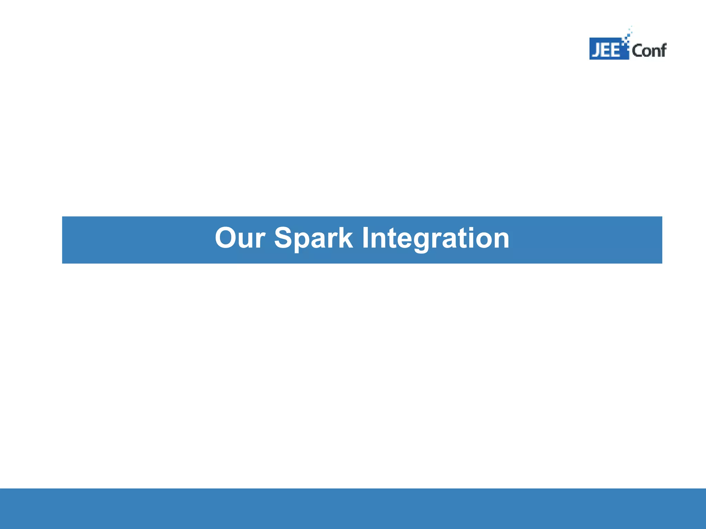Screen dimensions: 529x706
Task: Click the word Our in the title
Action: [240, 238]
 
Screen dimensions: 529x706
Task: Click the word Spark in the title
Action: [313, 239]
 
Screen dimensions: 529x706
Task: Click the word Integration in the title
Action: [435, 239]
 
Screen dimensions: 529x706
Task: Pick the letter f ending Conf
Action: [663, 50]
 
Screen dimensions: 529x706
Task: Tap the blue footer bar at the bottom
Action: [353, 508]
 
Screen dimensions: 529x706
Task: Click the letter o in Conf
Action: [646, 52]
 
